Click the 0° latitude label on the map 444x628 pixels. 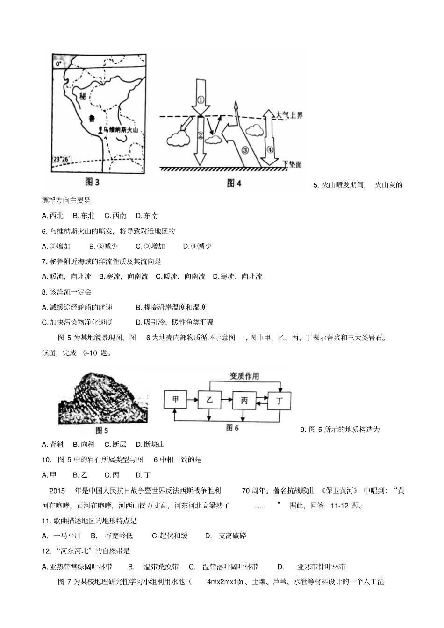click(58, 63)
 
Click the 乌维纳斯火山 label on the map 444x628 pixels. click(121, 131)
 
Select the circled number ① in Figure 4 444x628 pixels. click(200, 100)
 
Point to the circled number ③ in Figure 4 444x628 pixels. click(246, 150)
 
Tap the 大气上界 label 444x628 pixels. click(289, 115)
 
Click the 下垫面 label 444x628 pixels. click(292, 164)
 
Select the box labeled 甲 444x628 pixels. click(175, 400)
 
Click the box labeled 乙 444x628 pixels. click(209, 400)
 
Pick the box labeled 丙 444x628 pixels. click(244, 400)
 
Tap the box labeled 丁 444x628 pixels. click(279, 400)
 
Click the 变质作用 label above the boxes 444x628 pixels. click(244, 376)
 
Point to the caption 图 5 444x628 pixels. click(101, 430)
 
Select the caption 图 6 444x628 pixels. click(232, 428)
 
